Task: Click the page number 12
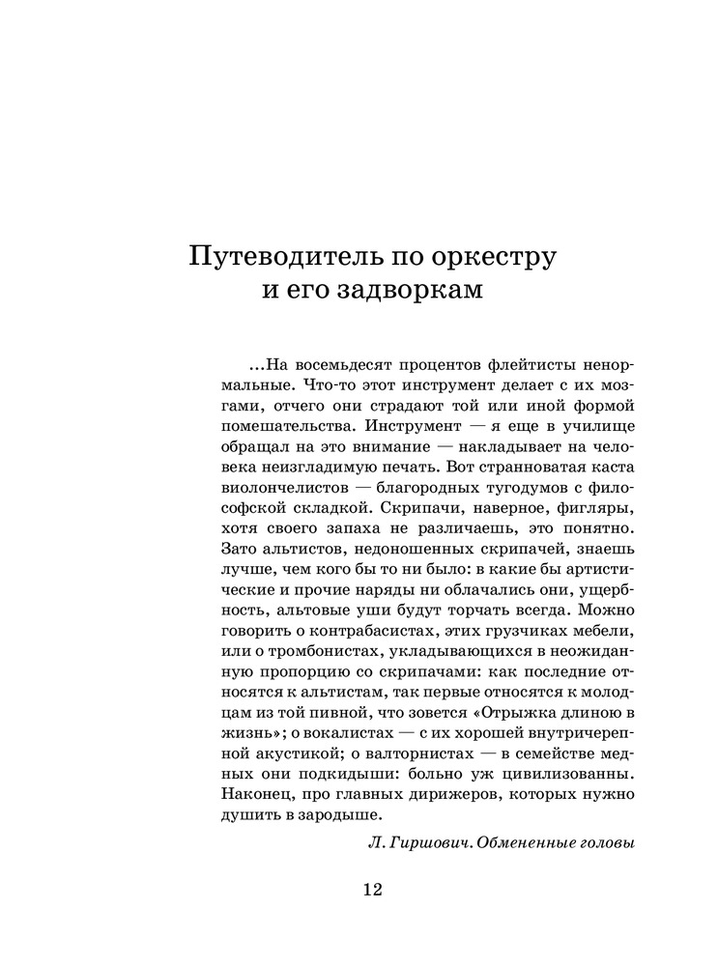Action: [x=372, y=890]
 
